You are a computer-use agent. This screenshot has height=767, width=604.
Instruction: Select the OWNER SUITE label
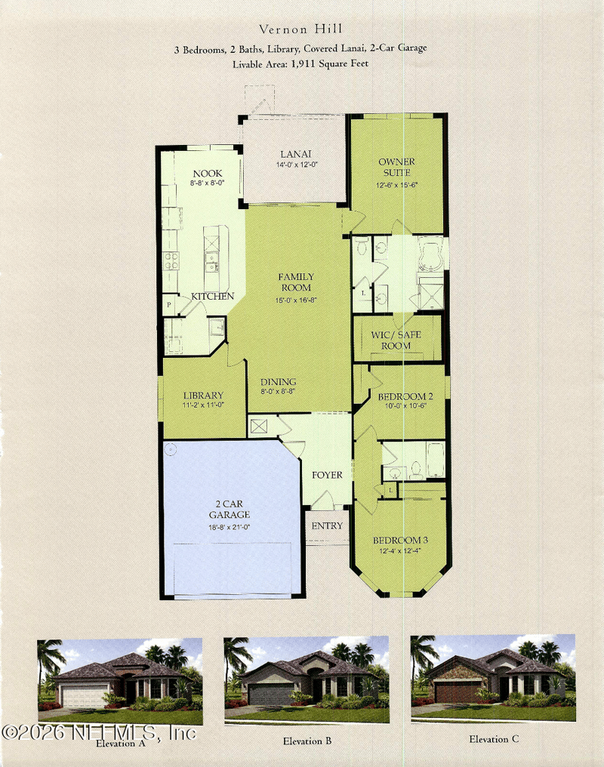pos(396,167)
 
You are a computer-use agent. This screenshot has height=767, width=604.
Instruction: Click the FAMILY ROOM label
pos(295,282)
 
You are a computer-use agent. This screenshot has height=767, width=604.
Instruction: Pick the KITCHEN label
pos(212,297)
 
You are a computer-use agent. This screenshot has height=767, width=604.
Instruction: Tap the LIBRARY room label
pos(203,395)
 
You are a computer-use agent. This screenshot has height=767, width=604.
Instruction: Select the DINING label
pos(278,382)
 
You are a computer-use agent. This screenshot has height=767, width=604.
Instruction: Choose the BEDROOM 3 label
pos(400,541)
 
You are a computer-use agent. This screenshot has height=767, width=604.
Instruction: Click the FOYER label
pos(327,476)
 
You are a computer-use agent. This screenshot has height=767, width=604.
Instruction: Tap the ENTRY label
pos(327,526)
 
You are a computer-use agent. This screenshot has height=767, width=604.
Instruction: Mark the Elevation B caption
pos(307,741)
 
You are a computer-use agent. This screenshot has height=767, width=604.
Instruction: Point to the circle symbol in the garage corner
pos(171,448)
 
